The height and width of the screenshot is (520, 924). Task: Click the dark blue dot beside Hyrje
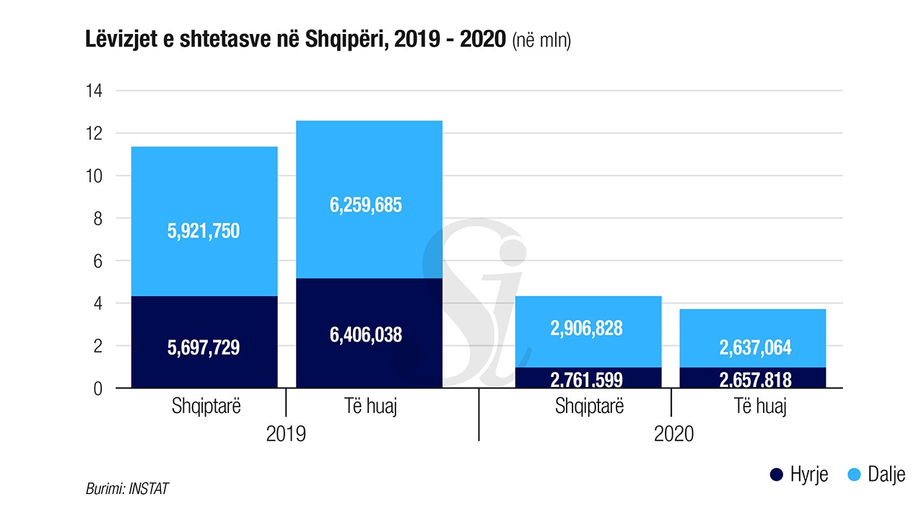pyautogui.click(x=777, y=474)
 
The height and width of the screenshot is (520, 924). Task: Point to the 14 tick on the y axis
pyautogui.click(x=95, y=91)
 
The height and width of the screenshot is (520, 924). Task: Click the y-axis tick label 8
pyautogui.click(x=99, y=218)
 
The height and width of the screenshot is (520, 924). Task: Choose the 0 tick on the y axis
pyautogui.click(x=99, y=389)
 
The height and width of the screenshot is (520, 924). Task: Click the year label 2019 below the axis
pyautogui.click(x=286, y=434)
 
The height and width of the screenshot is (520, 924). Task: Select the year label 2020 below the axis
pyautogui.click(x=674, y=434)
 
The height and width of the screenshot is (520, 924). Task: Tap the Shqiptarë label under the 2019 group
pyautogui.click(x=206, y=407)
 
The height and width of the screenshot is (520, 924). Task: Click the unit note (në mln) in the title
pyautogui.click(x=541, y=42)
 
